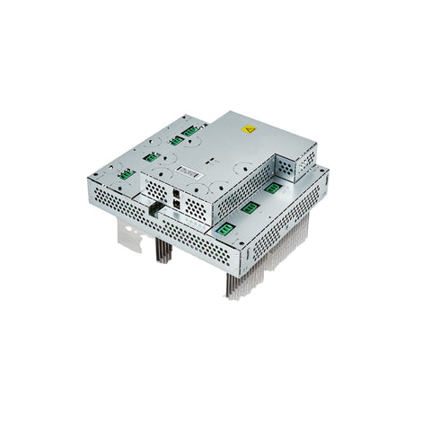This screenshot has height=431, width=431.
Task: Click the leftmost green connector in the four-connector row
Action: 127,173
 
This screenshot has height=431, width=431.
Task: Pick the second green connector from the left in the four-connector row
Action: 153,156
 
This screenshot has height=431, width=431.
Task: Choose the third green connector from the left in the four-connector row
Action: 176,140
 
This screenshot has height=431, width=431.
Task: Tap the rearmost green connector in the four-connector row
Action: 190,130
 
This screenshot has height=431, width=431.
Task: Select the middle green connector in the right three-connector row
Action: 251,207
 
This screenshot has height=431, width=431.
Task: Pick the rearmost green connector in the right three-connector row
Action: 271,188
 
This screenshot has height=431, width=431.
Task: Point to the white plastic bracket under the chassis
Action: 132,235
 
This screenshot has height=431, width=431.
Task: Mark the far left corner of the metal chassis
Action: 91,176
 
